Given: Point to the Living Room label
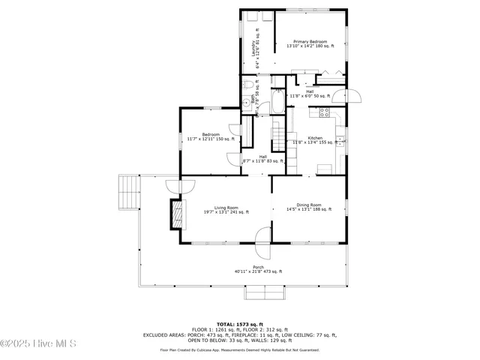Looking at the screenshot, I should [x=226, y=210].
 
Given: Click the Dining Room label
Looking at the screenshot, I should [x=309, y=207].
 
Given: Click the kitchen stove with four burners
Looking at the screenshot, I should [x=325, y=113].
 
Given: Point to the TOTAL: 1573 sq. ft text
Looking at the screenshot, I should [x=240, y=324].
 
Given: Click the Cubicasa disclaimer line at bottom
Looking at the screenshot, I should [x=240, y=349].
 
